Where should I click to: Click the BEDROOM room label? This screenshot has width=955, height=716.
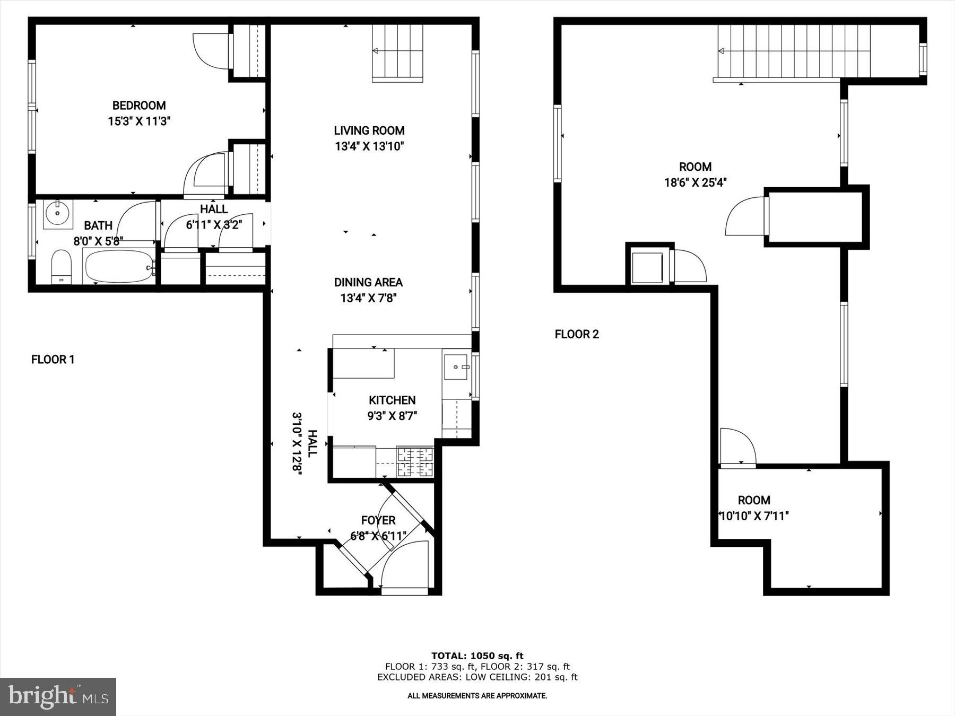(139, 106)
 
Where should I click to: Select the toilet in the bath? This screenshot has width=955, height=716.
(61, 266)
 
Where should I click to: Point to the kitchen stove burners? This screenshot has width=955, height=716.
(415, 462)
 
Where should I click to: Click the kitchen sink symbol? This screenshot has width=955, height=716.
(456, 366)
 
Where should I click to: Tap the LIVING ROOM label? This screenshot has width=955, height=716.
(369, 130)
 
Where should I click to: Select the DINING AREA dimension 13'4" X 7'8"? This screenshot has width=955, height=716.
(369, 298)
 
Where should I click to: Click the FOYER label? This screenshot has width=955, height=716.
(378, 520)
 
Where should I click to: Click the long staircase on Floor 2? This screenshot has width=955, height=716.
(794, 51)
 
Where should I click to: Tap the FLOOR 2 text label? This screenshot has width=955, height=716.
(577, 334)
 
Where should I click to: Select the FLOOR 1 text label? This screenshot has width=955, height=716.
(53, 360)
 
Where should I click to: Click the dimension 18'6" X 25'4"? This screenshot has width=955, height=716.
(695, 182)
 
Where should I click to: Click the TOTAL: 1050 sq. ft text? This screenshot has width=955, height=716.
(477, 656)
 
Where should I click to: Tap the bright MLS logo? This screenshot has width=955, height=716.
(58, 696)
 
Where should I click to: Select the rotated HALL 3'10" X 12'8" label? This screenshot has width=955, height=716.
(304, 443)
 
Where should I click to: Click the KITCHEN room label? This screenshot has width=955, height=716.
(392, 400)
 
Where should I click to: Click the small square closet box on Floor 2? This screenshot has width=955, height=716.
(647, 268)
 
